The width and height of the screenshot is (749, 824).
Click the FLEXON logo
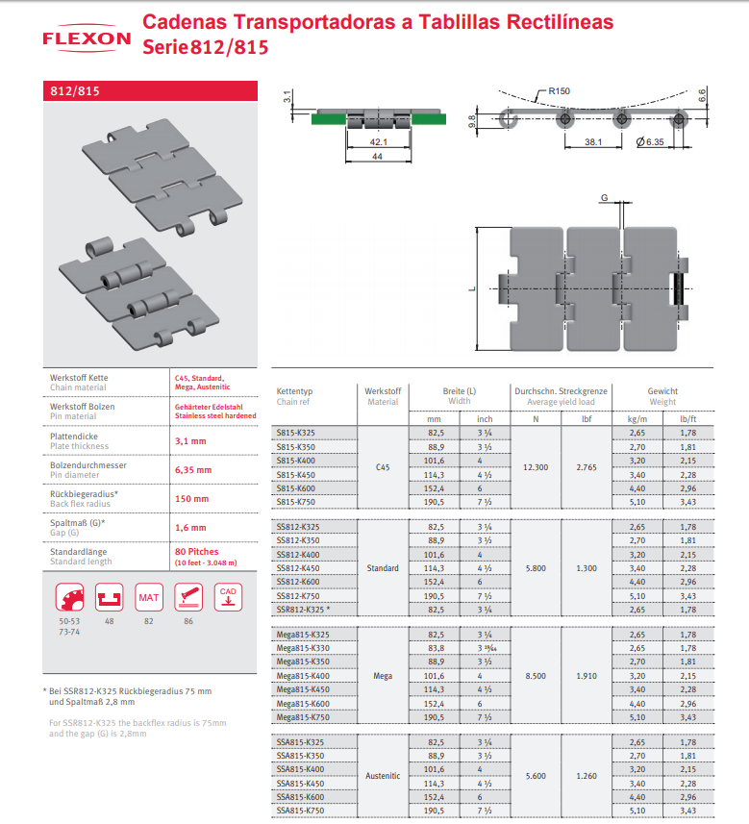click(x=87, y=38)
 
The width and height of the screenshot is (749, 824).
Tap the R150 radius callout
click(x=559, y=91)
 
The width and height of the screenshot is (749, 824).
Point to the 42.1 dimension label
click(x=379, y=142)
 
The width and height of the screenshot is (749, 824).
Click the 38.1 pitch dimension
click(x=593, y=142)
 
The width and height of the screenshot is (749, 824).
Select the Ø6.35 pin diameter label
click(x=650, y=142)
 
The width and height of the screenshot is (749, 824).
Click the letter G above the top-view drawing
click(x=605, y=198)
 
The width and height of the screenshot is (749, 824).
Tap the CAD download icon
click(x=228, y=597)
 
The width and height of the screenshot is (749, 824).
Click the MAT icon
click(x=149, y=597)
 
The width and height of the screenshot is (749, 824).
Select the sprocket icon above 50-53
click(x=69, y=597)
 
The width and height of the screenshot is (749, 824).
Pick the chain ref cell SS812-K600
click(x=297, y=582)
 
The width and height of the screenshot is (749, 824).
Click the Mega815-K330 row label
click(x=303, y=648)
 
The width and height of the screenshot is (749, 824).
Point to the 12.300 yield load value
click(x=536, y=467)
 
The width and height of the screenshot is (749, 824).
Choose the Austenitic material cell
click(x=383, y=776)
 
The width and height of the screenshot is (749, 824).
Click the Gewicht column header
click(x=662, y=391)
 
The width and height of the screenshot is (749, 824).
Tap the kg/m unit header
click(x=637, y=419)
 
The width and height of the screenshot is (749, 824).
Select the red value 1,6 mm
click(x=190, y=527)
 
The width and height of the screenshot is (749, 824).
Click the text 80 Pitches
click(x=196, y=551)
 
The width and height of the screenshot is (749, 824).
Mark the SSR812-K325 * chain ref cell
click(x=303, y=610)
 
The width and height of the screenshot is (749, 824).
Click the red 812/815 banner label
click(x=75, y=91)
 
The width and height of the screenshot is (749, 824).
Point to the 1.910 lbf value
click(x=587, y=676)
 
